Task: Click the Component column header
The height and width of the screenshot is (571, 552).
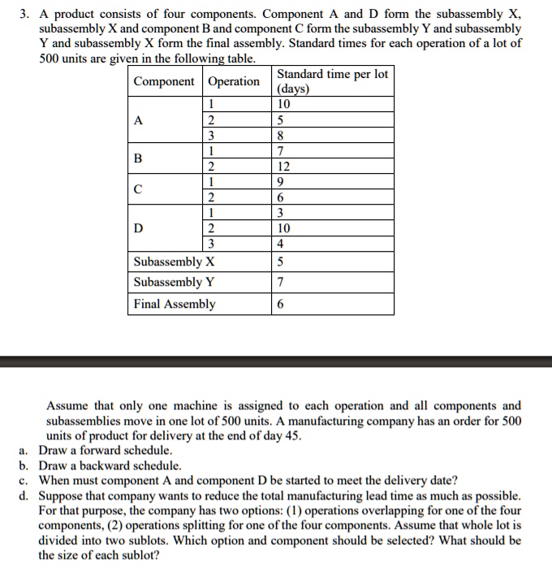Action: pos(164,81)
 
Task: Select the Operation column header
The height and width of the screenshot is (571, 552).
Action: pos(235,81)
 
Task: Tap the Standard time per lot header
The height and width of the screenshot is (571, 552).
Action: pos(332,81)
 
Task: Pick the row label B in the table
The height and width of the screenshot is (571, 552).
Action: pos(139,159)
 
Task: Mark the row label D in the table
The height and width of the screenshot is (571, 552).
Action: pos(139,228)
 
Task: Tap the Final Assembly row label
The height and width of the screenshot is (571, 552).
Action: pos(175,304)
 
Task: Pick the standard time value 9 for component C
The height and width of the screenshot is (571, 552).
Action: pos(281,183)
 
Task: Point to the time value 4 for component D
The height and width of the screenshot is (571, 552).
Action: pos(281,244)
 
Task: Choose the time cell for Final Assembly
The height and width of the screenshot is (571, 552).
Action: pos(281,304)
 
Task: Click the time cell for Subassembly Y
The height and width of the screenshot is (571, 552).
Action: pos(281,282)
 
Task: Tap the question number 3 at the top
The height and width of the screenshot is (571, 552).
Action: pos(24,15)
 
